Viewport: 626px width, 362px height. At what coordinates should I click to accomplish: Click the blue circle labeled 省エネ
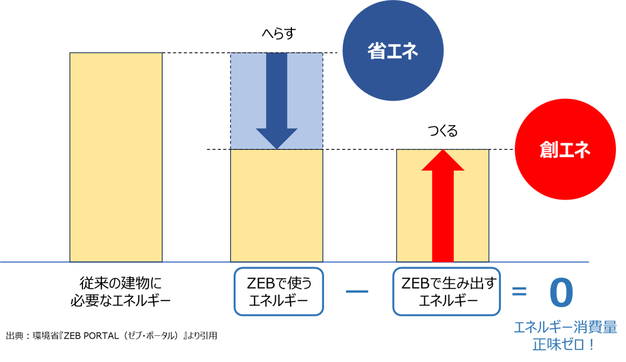(x=392, y=52)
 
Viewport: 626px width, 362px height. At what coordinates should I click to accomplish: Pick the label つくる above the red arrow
(x=443, y=132)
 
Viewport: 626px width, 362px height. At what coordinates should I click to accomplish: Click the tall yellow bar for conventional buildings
(x=116, y=157)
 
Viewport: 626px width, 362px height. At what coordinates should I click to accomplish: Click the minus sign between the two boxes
(x=358, y=291)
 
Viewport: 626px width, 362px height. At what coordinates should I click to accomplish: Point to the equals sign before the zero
(x=519, y=291)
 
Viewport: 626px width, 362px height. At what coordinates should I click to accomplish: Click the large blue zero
(x=561, y=293)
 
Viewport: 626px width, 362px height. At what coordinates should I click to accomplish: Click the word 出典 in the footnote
(x=15, y=336)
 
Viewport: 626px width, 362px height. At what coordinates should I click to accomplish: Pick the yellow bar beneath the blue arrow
(x=277, y=204)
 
